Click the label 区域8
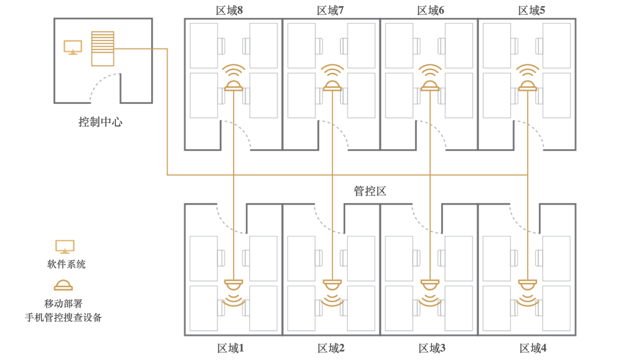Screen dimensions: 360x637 [x=229, y=11]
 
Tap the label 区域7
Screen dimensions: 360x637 [x=330, y=11]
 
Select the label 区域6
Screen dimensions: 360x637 [x=431, y=11]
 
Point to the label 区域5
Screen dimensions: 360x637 [x=532, y=11]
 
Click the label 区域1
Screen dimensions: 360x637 [x=231, y=348]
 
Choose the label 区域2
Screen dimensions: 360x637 [x=331, y=348]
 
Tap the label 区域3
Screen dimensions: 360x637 [x=432, y=348]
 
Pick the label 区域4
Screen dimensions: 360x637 [x=533, y=348]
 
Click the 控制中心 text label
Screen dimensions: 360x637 [x=100, y=122]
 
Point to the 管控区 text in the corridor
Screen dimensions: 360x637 [x=370, y=191]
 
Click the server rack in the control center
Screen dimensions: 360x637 [x=103, y=49]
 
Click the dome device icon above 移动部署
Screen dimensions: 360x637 [x=63, y=285]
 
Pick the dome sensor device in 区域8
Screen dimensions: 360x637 [x=234, y=86]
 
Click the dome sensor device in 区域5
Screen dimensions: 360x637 [x=528, y=86]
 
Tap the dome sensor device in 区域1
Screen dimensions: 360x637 [x=234, y=284]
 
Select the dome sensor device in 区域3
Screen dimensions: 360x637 [x=430, y=284]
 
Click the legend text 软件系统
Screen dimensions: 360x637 [x=66, y=264]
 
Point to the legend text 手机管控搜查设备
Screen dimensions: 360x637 [x=63, y=317]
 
